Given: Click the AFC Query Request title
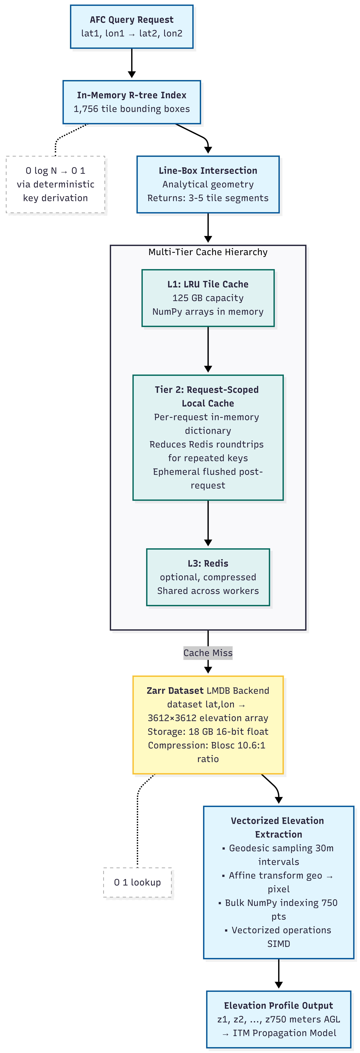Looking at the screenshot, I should (x=132, y=20).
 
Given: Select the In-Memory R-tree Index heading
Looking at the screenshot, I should (x=132, y=95).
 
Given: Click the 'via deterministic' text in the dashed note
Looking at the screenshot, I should (x=56, y=184).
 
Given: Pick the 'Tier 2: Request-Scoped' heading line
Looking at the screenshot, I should (x=207, y=390).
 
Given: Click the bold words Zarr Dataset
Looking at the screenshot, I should (x=175, y=690).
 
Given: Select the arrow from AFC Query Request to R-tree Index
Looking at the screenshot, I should (x=132, y=63).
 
